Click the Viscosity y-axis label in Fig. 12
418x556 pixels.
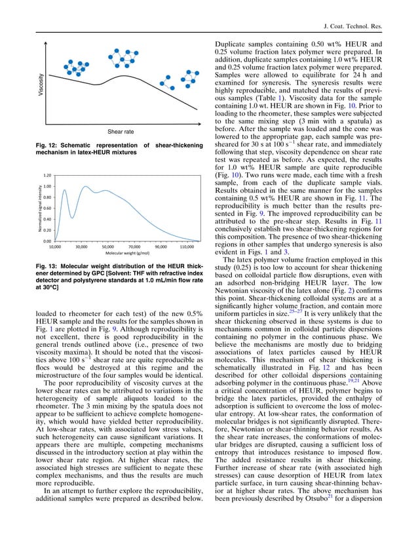[41, 87]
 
